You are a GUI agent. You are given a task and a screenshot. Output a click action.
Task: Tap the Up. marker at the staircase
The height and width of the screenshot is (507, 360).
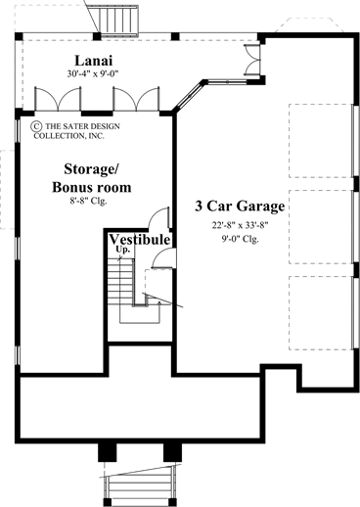123,252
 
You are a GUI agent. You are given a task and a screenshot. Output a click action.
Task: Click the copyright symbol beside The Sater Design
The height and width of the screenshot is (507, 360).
36,126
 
